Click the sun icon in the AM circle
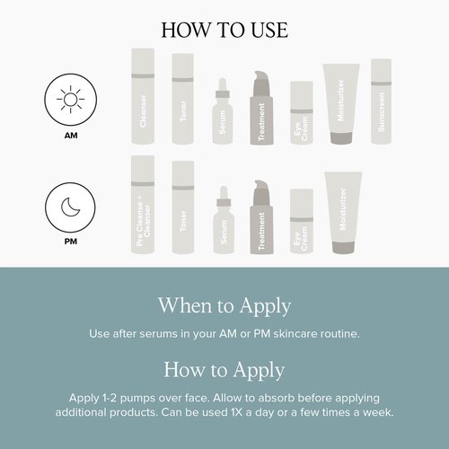coord(71,100)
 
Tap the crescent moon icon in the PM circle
coord(70,207)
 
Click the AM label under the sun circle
coord(71,136)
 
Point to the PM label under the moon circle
coord(71,242)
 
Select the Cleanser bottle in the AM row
coord(143,96)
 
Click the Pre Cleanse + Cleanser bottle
coord(143,205)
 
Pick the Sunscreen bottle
coord(382,101)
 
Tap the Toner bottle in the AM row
coord(183,99)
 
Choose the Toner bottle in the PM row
coord(183,207)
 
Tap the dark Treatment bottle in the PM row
coord(261,217)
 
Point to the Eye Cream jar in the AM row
coord(302,112)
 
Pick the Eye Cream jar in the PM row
coord(302,221)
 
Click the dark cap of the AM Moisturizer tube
coord(341,138)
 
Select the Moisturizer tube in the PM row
coord(343,213)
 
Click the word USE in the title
coord(269,30)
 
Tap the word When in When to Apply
coord(186,305)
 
